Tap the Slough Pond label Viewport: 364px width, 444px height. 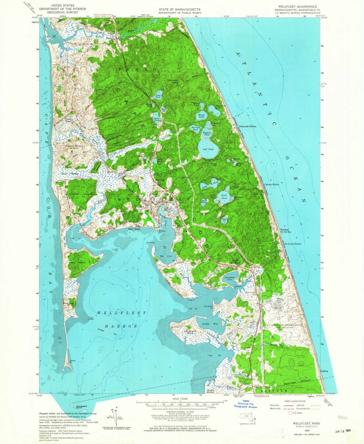(x=202, y=116)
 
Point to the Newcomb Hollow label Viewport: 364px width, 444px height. (x=248, y=126)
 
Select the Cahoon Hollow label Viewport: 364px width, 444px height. (x=272, y=185)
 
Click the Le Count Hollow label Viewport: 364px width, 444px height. (x=293, y=244)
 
